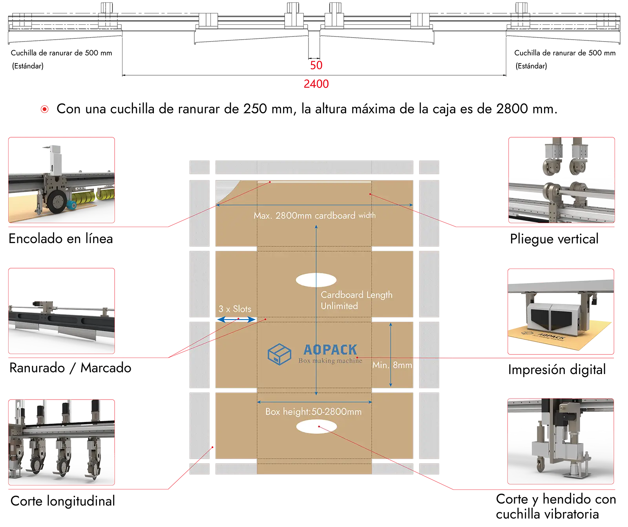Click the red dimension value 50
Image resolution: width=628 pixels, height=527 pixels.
(x=316, y=65)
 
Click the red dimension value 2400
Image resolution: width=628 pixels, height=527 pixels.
(x=316, y=84)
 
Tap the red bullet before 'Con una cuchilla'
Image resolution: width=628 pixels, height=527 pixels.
(x=45, y=109)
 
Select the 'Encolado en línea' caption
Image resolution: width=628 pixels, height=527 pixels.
(x=61, y=238)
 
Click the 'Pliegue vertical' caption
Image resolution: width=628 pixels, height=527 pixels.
(x=554, y=239)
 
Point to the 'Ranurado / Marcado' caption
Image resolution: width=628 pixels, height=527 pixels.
(x=70, y=368)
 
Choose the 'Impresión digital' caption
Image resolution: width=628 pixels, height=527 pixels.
(x=557, y=369)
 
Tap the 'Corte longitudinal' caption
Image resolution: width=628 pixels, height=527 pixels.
(x=63, y=501)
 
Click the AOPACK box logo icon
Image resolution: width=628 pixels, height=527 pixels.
(x=279, y=354)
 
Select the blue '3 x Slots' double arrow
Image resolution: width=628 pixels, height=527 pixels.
(x=236, y=320)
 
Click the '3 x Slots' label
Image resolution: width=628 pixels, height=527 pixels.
(x=235, y=309)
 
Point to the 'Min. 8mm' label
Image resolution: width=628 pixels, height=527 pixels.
(x=392, y=365)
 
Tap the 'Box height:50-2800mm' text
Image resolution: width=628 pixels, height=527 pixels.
(x=313, y=412)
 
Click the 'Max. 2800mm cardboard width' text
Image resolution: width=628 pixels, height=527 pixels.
(x=314, y=215)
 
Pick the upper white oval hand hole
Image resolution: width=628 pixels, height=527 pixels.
(x=316, y=280)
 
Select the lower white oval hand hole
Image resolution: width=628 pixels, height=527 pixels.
(x=316, y=427)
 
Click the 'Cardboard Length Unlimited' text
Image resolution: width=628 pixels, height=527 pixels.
(x=356, y=300)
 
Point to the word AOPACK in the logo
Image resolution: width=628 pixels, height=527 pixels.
(x=330, y=350)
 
